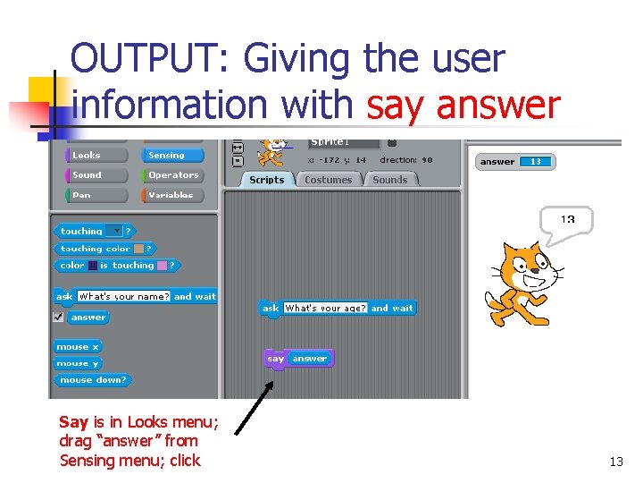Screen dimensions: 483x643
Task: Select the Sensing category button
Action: (172, 155)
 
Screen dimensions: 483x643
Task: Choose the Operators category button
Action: (172, 174)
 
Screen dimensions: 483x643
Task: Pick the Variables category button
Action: (172, 194)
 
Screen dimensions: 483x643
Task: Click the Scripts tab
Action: (266, 180)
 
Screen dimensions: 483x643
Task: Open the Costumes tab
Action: (328, 180)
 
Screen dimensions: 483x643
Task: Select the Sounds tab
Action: (390, 180)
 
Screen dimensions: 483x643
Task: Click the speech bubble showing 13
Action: (567, 220)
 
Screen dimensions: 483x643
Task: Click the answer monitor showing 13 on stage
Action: (516, 162)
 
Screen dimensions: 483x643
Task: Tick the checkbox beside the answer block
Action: (58, 317)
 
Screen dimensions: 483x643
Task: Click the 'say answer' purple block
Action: (298, 359)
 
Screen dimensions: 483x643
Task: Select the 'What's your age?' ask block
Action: (338, 308)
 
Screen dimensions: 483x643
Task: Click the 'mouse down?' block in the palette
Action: (92, 380)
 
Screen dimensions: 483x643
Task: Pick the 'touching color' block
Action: (104, 249)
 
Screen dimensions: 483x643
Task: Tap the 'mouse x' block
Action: (78, 346)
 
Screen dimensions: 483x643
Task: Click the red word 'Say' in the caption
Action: (73, 421)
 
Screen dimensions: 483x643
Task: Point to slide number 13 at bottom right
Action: (615, 462)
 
